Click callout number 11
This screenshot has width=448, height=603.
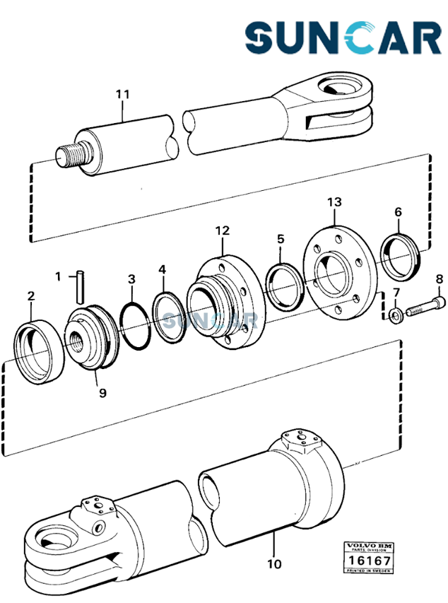(x=122, y=94)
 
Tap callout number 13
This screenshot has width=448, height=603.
(x=334, y=202)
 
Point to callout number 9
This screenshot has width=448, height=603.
(x=102, y=392)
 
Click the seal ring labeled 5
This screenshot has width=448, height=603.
(x=285, y=286)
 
